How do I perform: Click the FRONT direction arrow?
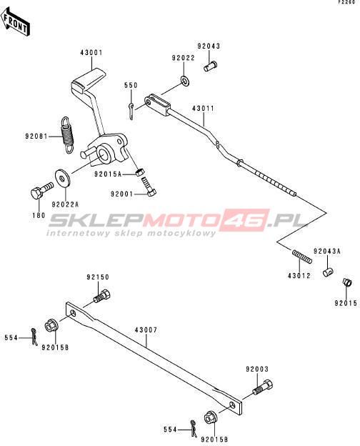click(15, 22)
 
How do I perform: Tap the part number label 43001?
click(91, 53)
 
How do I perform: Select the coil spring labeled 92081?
click(68, 135)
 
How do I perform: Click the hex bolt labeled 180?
click(41, 190)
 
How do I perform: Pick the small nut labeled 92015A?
click(139, 172)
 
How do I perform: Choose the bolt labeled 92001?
click(149, 187)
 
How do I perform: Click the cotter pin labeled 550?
click(131, 111)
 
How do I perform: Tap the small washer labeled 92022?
click(185, 81)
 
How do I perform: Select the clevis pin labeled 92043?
click(211, 66)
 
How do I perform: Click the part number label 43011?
click(203, 109)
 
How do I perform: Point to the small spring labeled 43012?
click(302, 257)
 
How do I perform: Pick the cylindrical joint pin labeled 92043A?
click(328, 272)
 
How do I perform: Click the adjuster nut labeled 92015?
click(347, 282)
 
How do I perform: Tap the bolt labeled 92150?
click(102, 296)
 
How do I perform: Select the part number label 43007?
click(146, 330)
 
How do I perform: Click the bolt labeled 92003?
click(263, 387)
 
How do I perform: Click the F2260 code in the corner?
click(346, 2)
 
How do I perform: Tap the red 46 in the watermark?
click(245, 219)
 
